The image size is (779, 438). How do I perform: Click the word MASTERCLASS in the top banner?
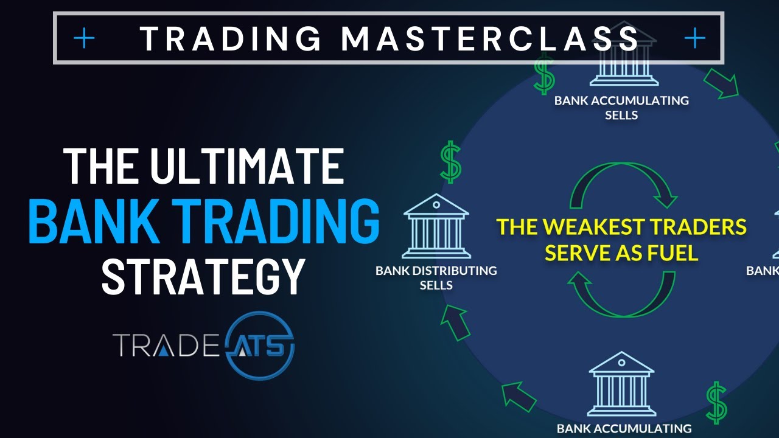click(491, 39)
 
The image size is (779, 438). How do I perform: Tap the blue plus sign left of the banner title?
click(84, 39)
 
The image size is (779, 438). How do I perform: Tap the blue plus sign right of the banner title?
click(694, 39)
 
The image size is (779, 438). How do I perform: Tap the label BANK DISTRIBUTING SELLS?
click(436, 277)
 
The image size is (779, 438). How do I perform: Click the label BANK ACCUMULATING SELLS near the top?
click(621, 107)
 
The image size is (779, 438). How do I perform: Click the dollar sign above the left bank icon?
click(451, 162)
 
